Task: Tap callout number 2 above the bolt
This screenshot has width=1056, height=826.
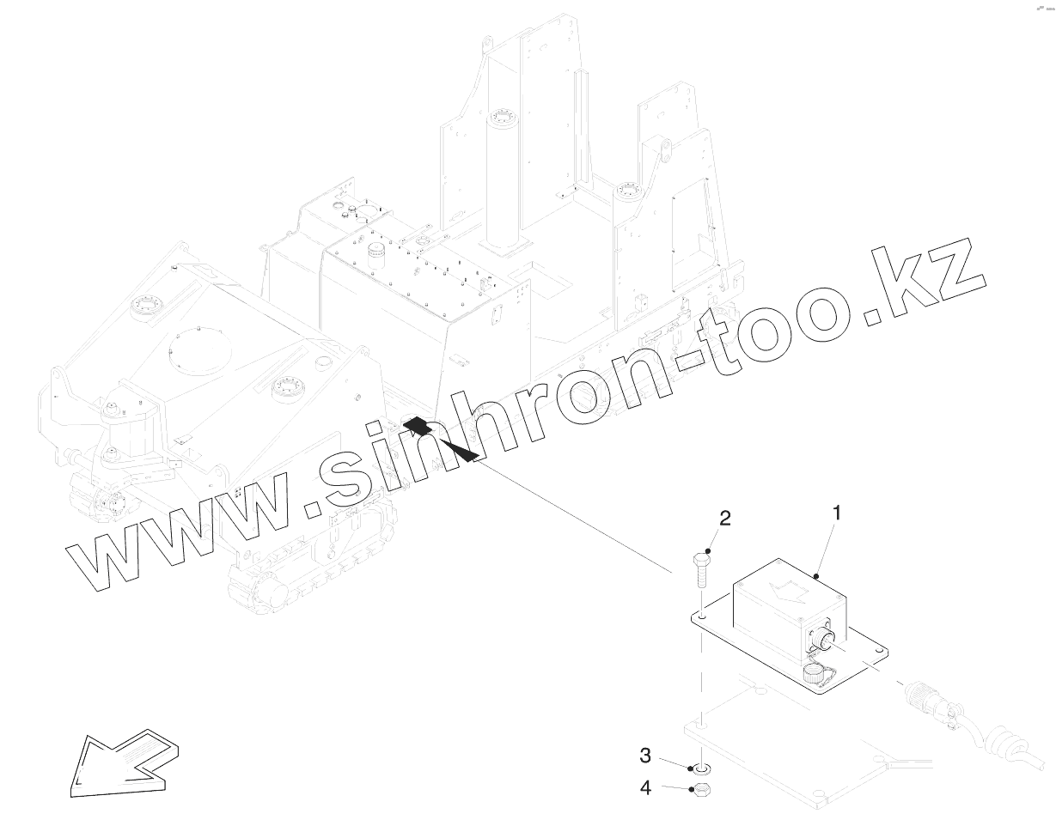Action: point(725,518)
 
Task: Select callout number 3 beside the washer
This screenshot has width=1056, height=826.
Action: point(644,756)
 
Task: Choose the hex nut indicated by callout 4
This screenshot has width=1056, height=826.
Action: point(701,789)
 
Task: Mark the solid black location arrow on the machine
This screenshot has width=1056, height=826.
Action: point(442,439)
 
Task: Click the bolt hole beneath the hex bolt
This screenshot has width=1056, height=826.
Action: point(703,616)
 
